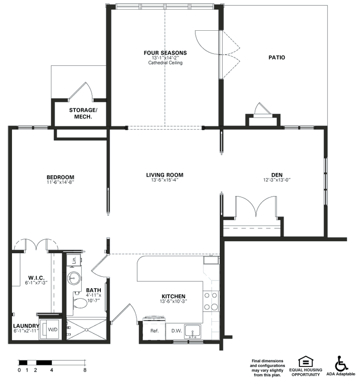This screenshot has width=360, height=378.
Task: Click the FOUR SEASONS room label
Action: pyautogui.click(x=165, y=53)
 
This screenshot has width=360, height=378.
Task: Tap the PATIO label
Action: pyautogui.click(x=277, y=57)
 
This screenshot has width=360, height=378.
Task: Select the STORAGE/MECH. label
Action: pyautogui.click(x=83, y=113)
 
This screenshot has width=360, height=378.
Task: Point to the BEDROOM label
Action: pyautogui.click(x=60, y=177)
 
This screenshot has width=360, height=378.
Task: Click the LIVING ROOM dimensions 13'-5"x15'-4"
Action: pyautogui.click(x=165, y=180)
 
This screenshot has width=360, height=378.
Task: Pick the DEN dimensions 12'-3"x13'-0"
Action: pyautogui.click(x=277, y=180)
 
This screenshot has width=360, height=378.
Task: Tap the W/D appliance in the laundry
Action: pyautogui.click(x=50, y=329)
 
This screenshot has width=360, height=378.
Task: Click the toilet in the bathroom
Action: pyautogui.click(x=79, y=303)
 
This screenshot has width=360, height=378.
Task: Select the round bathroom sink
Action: pyautogui.click(x=74, y=278)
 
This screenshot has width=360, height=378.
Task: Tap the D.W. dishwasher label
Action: pyautogui.click(x=176, y=331)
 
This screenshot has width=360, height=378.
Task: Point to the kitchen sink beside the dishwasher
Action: pyautogui.click(x=192, y=331)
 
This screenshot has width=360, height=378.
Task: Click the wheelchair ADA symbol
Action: pyautogui.click(x=341, y=363)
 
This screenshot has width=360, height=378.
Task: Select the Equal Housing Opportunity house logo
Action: pyautogui.click(x=306, y=361)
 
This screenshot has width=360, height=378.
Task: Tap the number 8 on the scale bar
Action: pyautogui.click(x=85, y=370)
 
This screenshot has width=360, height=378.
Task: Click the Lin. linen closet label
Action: pyautogui.click(x=74, y=260)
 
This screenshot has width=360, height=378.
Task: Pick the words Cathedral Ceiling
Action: pyautogui.click(x=165, y=63)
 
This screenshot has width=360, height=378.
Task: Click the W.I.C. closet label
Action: pyautogui.click(x=36, y=278)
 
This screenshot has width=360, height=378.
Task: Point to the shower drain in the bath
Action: pyautogui.click(x=86, y=330)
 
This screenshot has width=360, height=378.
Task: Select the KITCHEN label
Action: pyautogui.click(x=173, y=296)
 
